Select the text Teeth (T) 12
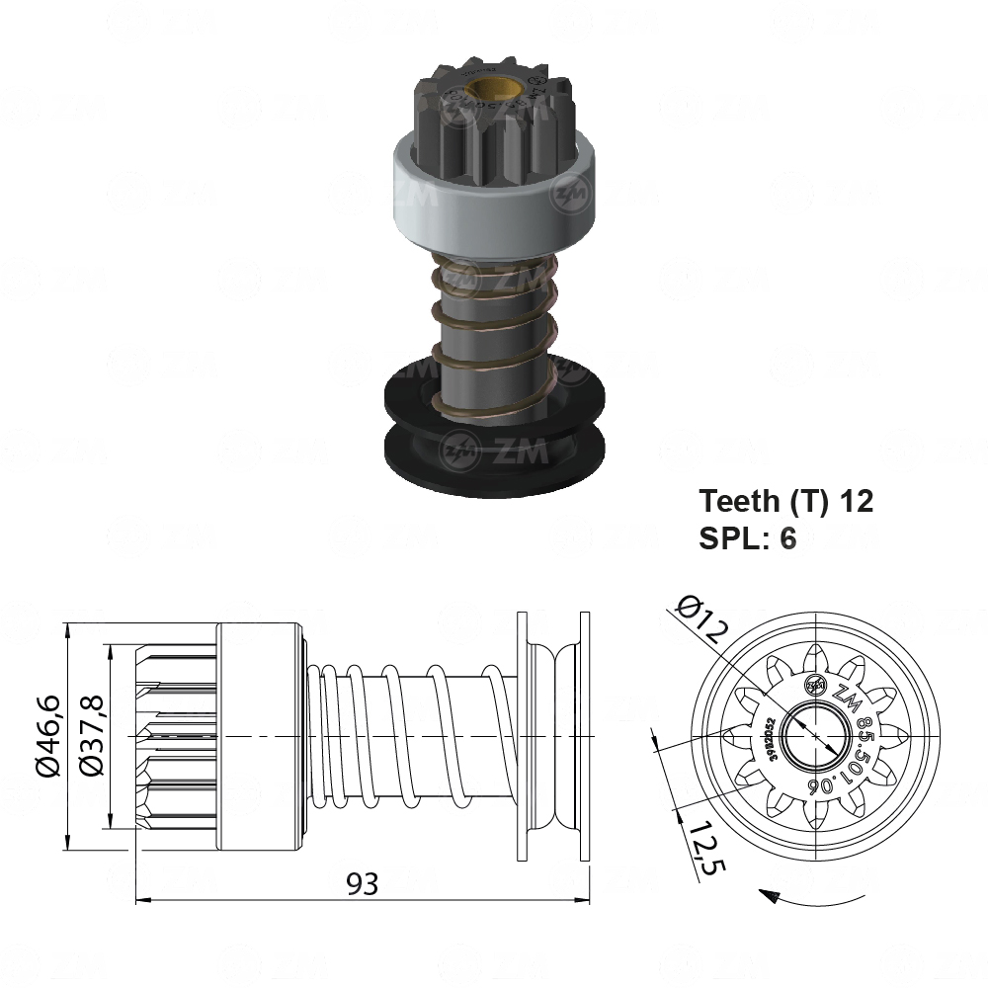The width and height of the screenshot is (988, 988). [x=786, y=501]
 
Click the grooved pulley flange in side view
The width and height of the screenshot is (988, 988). [x=553, y=736]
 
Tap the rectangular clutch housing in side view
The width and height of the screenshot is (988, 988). [x=259, y=736]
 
